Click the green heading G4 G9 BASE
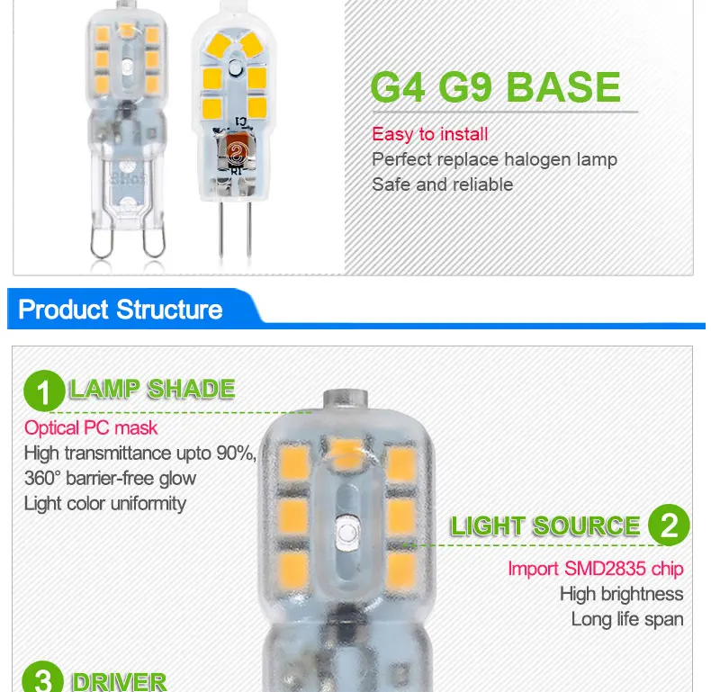point(495,87)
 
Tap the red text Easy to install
point(430,134)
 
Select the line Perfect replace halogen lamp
point(494,159)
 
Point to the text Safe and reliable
point(442,184)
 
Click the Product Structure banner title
point(121,310)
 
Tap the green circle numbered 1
point(44,391)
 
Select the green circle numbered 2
point(669,525)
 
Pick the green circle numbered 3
point(42,678)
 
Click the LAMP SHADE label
point(152,389)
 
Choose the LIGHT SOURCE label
point(545,526)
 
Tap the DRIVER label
point(120,681)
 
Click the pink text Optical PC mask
point(91,428)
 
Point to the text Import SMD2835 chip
point(596,569)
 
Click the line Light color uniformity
point(105,504)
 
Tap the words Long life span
point(627,619)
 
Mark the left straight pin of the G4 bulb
point(220,229)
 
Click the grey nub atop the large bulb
point(346,399)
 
